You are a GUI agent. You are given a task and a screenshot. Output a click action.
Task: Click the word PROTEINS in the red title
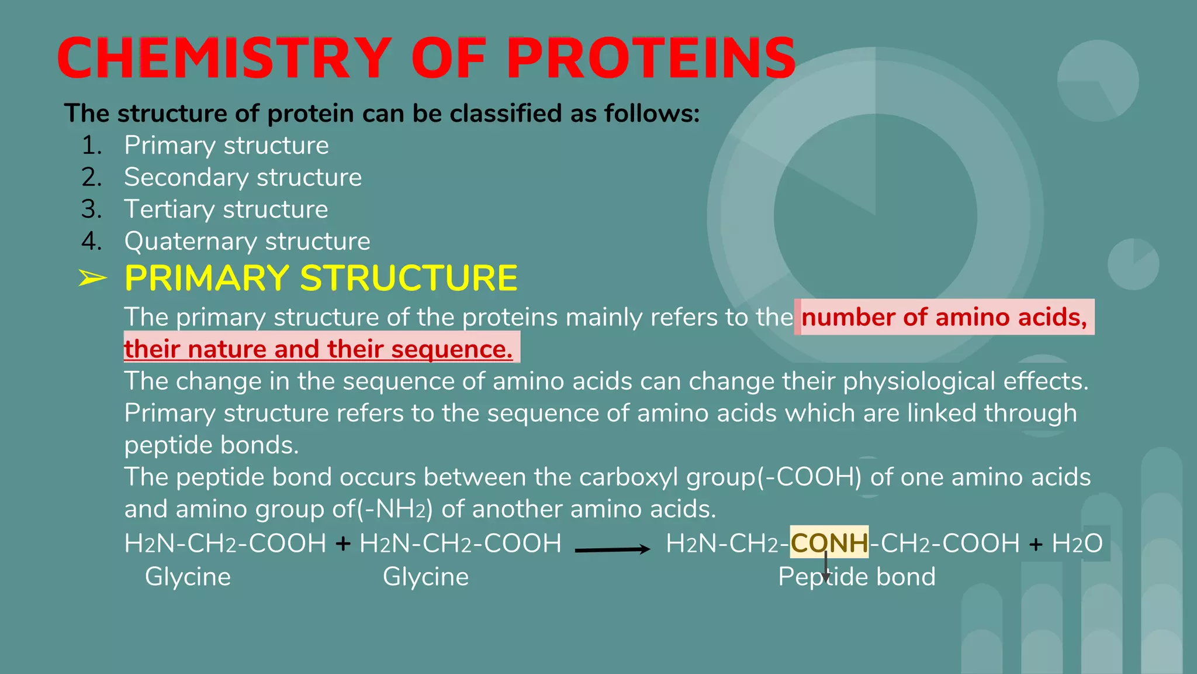pos(651,58)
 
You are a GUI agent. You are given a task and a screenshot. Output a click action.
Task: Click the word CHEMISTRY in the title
pos(224,58)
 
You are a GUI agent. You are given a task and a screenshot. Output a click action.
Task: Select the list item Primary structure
pos(226,145)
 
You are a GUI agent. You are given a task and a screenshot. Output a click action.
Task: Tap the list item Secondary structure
pos(243,177)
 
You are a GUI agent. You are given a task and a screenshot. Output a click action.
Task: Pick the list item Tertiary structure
pos(226,209)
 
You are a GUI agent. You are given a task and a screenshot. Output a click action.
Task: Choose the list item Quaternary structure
pos(247,241)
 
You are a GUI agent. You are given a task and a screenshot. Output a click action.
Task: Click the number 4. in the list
pos(91,241)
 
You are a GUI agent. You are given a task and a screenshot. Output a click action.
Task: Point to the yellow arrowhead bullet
pos(92,278)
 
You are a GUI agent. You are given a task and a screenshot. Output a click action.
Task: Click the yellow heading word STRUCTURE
pos(409,278)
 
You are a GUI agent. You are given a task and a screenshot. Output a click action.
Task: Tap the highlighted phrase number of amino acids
pos(943,317)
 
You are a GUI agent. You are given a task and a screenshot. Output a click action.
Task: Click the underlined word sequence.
pos(451,349)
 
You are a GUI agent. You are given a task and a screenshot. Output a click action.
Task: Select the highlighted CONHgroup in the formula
pos(829,543)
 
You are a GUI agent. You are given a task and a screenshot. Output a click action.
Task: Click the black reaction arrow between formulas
pos(612,549)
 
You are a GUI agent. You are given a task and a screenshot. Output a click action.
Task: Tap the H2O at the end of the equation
pos(1077,544)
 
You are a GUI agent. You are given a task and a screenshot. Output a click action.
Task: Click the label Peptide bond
pos(856,577)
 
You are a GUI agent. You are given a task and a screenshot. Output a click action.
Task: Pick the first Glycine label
pos(188,577)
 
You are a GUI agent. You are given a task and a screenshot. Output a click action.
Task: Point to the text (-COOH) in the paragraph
pos(809,477)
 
